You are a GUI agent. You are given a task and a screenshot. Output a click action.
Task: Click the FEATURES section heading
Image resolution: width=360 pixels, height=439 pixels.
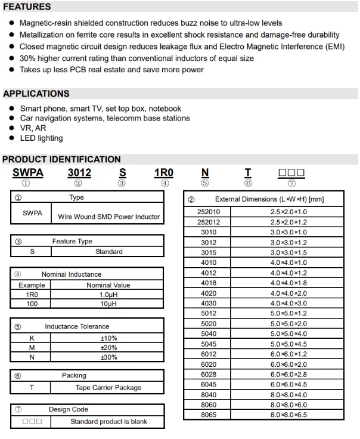click(27, 7)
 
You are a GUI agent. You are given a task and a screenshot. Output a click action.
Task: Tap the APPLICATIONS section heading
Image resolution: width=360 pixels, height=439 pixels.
click(36, 94)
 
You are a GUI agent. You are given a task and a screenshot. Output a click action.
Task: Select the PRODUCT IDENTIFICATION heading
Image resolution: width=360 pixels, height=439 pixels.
click(61, 159)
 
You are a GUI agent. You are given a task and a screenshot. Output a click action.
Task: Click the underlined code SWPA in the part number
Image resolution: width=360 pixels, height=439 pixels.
click(28, 173)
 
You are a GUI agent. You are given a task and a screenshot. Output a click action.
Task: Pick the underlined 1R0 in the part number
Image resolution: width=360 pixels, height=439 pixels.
click(163, 173)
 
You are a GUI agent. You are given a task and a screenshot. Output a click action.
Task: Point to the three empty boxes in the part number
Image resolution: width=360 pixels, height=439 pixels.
click(291, 174)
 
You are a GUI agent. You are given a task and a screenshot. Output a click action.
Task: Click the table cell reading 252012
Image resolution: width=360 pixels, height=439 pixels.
click(209, 222)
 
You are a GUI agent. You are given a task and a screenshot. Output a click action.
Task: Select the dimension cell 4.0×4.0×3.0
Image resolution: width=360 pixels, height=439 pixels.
click(288, 303)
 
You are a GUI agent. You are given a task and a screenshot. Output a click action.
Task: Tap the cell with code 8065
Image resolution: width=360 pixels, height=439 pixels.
click(209, 415)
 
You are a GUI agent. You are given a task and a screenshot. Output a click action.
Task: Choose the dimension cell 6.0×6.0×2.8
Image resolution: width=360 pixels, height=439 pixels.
click(288, 374)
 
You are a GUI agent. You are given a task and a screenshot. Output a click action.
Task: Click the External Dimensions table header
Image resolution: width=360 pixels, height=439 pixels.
click(269, 199)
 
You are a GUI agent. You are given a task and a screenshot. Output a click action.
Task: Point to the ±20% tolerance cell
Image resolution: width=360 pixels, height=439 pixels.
click(108, 348)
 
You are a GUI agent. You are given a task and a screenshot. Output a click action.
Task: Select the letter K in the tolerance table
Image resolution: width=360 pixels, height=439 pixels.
click(32, 338)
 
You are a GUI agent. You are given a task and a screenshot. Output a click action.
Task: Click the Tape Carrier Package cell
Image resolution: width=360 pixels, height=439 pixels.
click(108, 388)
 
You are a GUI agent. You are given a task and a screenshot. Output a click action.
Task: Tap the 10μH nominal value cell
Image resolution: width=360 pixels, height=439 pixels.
click(108, 304)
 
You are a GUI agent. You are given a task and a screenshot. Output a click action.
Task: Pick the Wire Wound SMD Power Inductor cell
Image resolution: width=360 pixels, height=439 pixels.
click(108, 217)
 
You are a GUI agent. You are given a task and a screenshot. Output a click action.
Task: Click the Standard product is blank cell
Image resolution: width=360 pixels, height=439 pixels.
click(108, 422)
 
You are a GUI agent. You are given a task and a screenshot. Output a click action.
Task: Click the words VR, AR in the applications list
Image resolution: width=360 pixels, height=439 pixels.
click(33, 128)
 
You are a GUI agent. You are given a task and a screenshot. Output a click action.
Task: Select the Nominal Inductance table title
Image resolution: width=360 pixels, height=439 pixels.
click(72, 274)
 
